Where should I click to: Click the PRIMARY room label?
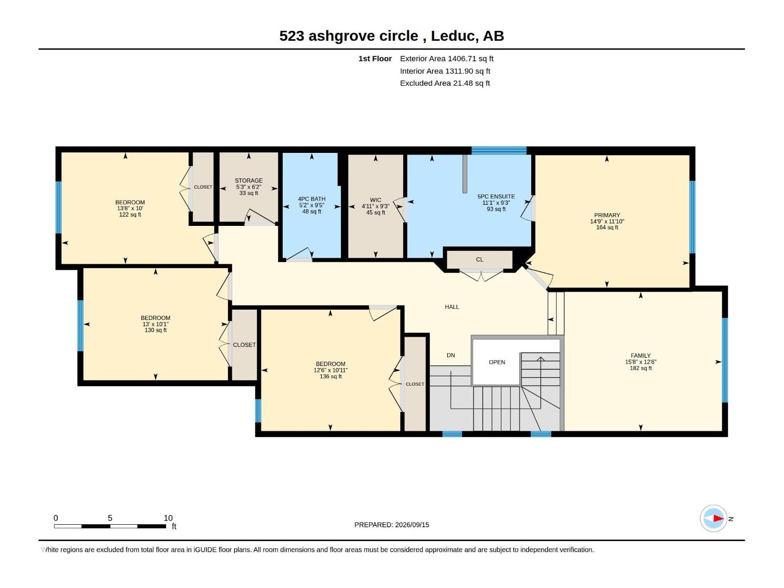(x=607, y=215)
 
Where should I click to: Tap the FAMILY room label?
(x=640, y=356)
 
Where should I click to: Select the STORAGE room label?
(x=248, y=181)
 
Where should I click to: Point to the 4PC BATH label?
(x=312, y=199)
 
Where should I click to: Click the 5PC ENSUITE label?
(x=496, y=196)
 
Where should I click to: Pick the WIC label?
(x=375, y=200)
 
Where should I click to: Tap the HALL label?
(x=452, y=307)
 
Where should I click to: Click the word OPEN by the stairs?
(x=497, y=362)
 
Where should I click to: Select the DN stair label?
(x=451, y=355)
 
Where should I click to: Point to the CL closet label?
(x=479, y=260)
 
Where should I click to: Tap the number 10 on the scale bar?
(x=168, y=518)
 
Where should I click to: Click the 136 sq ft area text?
(x=331, y=376)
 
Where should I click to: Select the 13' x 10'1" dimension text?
(x=155, y=324)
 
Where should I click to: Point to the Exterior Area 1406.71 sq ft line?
(x=446, y=58)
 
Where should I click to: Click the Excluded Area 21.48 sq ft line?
(x=445, y=83)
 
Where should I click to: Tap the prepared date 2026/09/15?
(x=412, y=525)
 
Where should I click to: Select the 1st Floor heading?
(x=375, y=58)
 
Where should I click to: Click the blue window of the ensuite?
(x=499, y=150)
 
